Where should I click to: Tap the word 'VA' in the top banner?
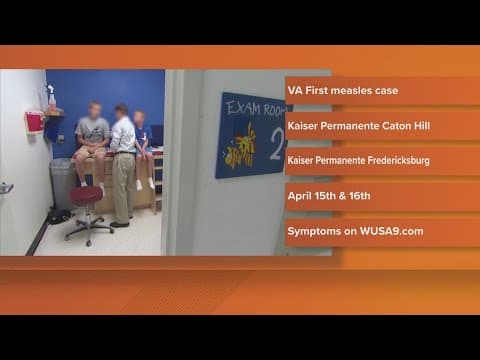295,91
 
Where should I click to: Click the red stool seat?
86,193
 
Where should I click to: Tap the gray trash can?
62,183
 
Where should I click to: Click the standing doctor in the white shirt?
122,160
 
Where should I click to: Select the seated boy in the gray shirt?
94,140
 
